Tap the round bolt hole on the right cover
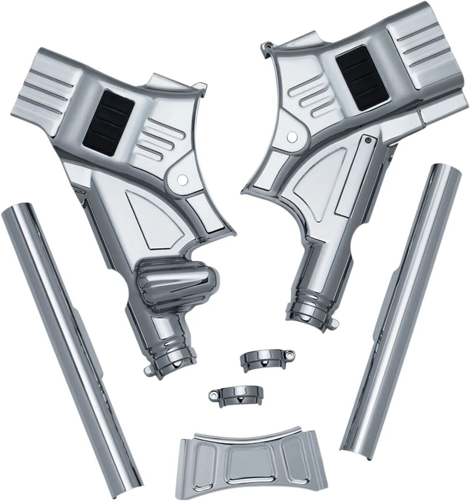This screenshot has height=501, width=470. click(290, 137)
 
